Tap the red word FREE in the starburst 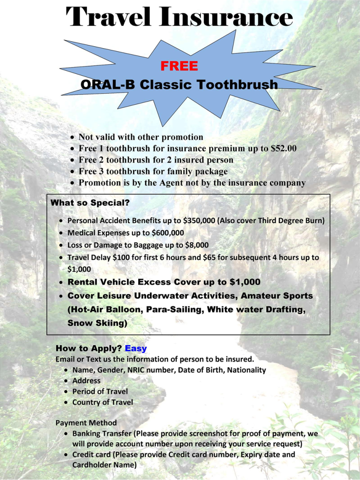point(179,67)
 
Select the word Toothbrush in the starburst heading point(239,84)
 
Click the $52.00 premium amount point(283,148)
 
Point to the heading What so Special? point(90,203)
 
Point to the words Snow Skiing point(95,323)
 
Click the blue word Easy point(136,348)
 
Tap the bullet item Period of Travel point(100,391)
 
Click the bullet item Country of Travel point(103,402)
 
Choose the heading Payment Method point(86,423)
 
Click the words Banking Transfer point(102,434)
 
